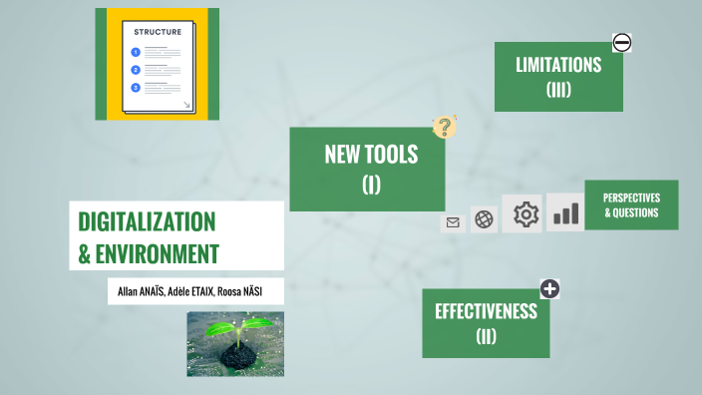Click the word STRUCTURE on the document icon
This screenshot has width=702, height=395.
coord(158,31)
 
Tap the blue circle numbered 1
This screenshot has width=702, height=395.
coord(135,53)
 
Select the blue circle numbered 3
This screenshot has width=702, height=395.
coord(135,87)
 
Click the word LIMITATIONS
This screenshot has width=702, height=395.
coord(558,66)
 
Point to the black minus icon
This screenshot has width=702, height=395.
coord(621,42)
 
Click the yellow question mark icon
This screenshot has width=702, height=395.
coord(444,127)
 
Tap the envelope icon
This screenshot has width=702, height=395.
coord(453,222)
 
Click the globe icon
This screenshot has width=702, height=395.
coord(485,219)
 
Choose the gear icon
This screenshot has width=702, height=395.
coord(526,213)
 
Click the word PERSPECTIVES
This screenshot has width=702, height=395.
coord(631,197)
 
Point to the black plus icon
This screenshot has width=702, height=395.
coord(549,289)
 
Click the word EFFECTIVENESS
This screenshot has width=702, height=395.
coord(486,311)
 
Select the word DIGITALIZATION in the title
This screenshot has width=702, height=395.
coord(147,220)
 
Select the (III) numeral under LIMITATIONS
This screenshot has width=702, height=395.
coord(558,90)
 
